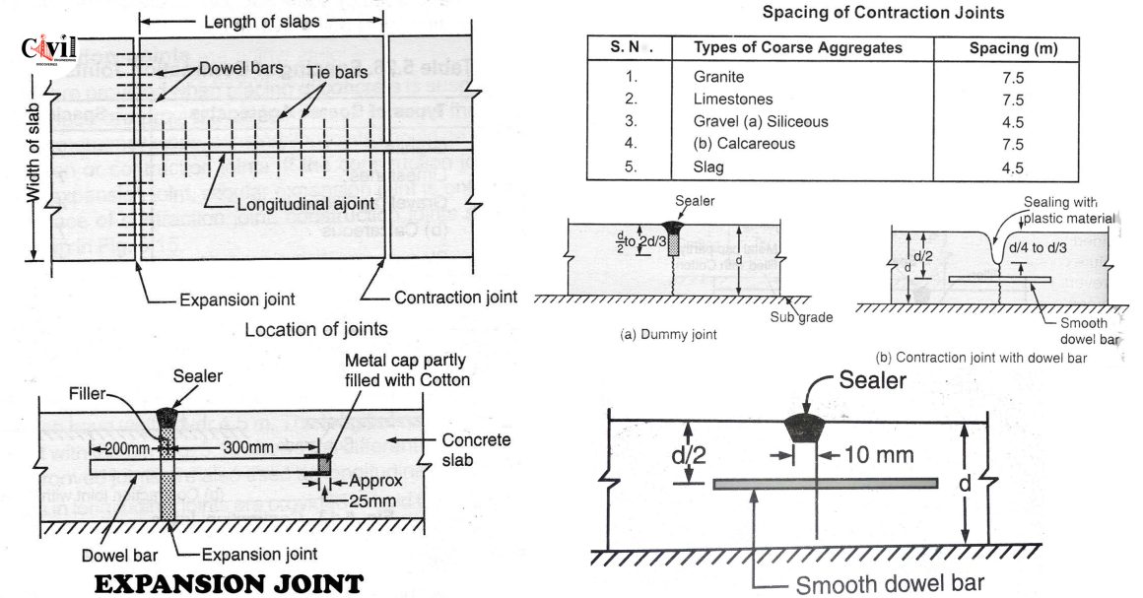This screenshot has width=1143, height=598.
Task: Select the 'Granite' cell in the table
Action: (719, 76)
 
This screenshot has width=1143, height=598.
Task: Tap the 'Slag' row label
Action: (708, 167)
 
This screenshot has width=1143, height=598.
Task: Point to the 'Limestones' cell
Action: (733, 99)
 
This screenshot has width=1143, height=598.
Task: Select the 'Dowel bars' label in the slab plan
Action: (241, 70)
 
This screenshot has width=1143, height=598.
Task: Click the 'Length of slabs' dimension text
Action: (259, 22)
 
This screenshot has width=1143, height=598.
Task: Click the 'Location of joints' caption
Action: (315, 329)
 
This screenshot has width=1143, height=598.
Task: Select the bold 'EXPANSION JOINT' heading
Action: (229, 583)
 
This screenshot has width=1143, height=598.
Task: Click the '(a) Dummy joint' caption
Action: (667, 335)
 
